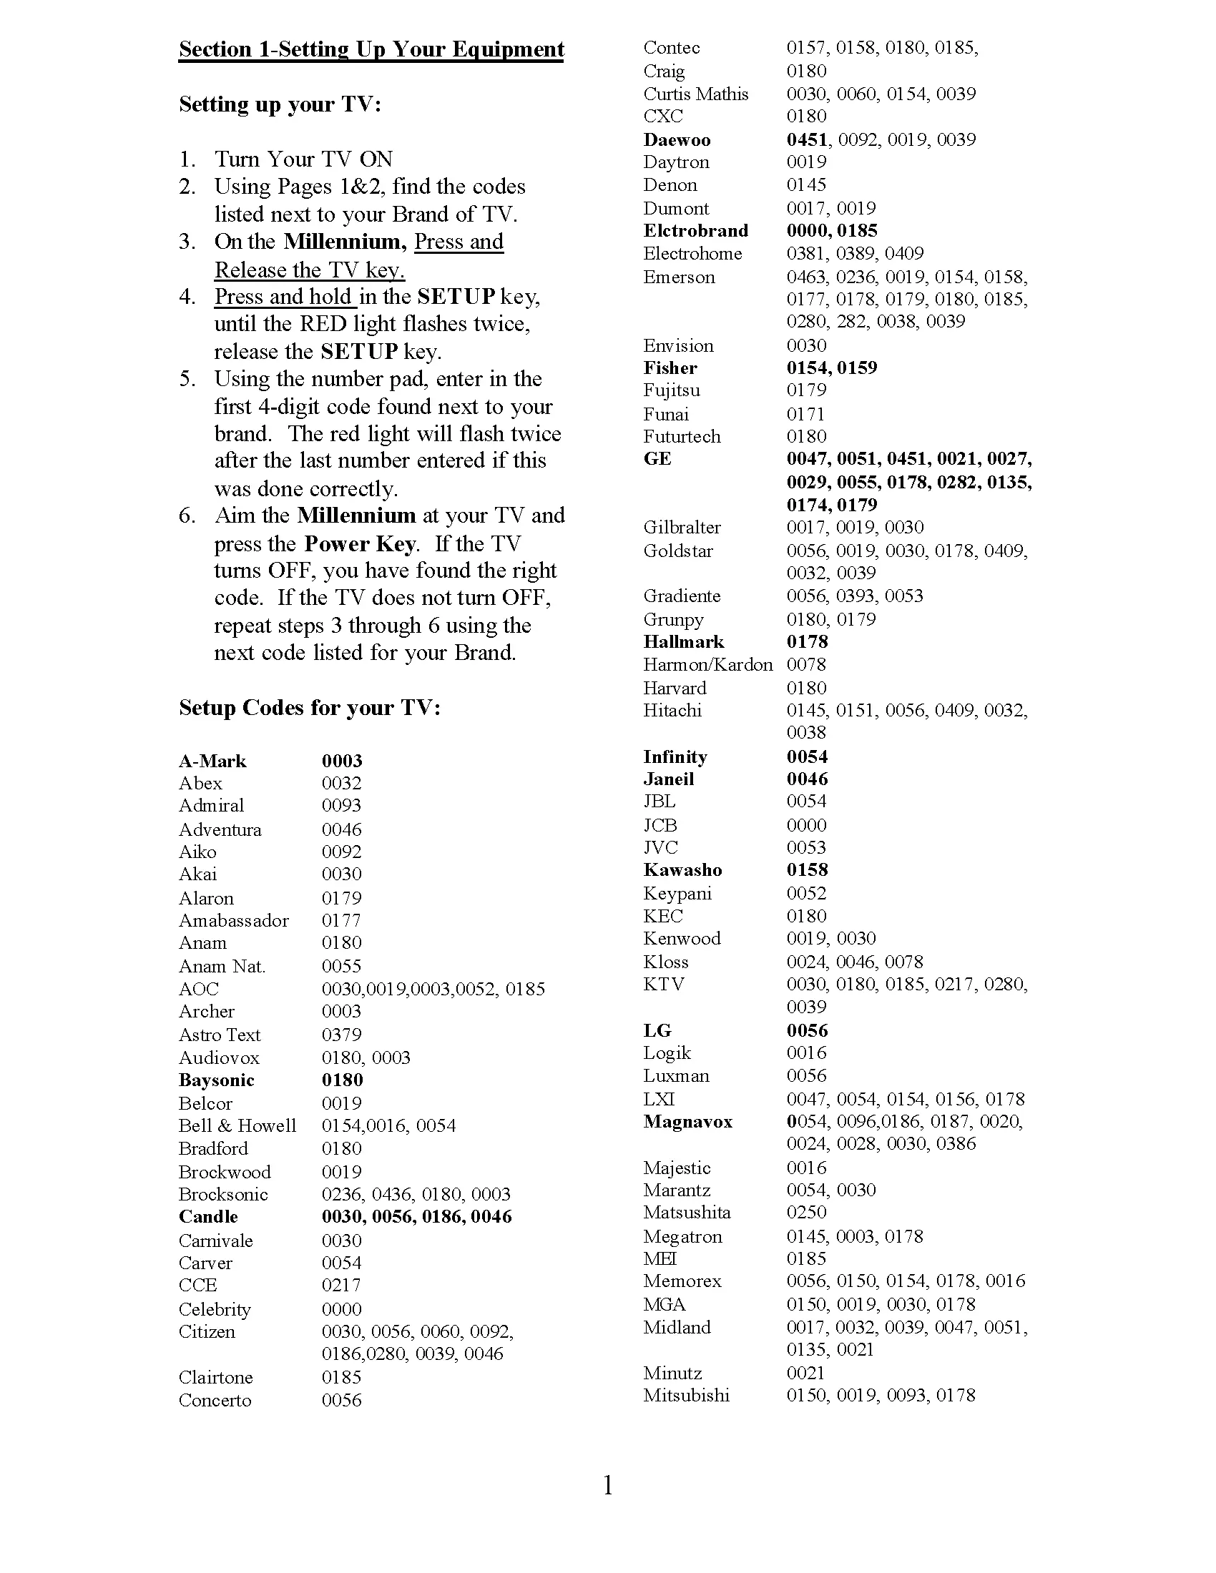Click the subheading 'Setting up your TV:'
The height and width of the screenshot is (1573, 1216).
coord(280,104)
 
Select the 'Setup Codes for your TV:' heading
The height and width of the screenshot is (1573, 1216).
coord(309,708)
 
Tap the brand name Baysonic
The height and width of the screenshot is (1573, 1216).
coord(216,1080)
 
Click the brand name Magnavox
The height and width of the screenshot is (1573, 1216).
coord(687,1122)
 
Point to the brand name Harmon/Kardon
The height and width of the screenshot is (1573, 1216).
coord(707,665)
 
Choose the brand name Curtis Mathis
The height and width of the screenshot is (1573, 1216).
coord(695,94)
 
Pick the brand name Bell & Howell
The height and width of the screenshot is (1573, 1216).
coord(237,1125)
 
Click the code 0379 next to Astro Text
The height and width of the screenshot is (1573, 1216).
coord(341,1035)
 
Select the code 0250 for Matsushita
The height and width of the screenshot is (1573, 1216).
coord(806,1212)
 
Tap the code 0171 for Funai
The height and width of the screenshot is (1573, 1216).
coord(805,414)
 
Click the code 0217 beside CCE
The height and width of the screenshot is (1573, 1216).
coord(341,1285)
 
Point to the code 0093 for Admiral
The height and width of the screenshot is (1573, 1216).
coord(341,806)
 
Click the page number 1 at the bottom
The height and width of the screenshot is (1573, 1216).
coord(608,1485)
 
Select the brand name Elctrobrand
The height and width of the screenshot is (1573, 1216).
coord(695,231)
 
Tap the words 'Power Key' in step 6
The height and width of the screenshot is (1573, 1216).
coord(360,544)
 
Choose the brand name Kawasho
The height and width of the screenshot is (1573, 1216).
coord(682,870)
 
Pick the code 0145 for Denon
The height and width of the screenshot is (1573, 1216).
coord(806,185)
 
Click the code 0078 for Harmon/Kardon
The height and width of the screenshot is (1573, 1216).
coord(806,665)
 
